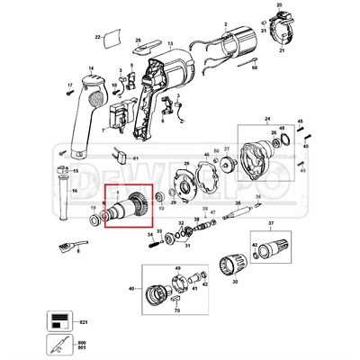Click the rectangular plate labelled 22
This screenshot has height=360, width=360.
(x=113, y=40)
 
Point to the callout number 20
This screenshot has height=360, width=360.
(x=279, y=6)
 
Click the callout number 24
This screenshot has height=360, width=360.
(x=266, y=118)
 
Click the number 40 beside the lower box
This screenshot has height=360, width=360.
(x=131, y=289)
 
